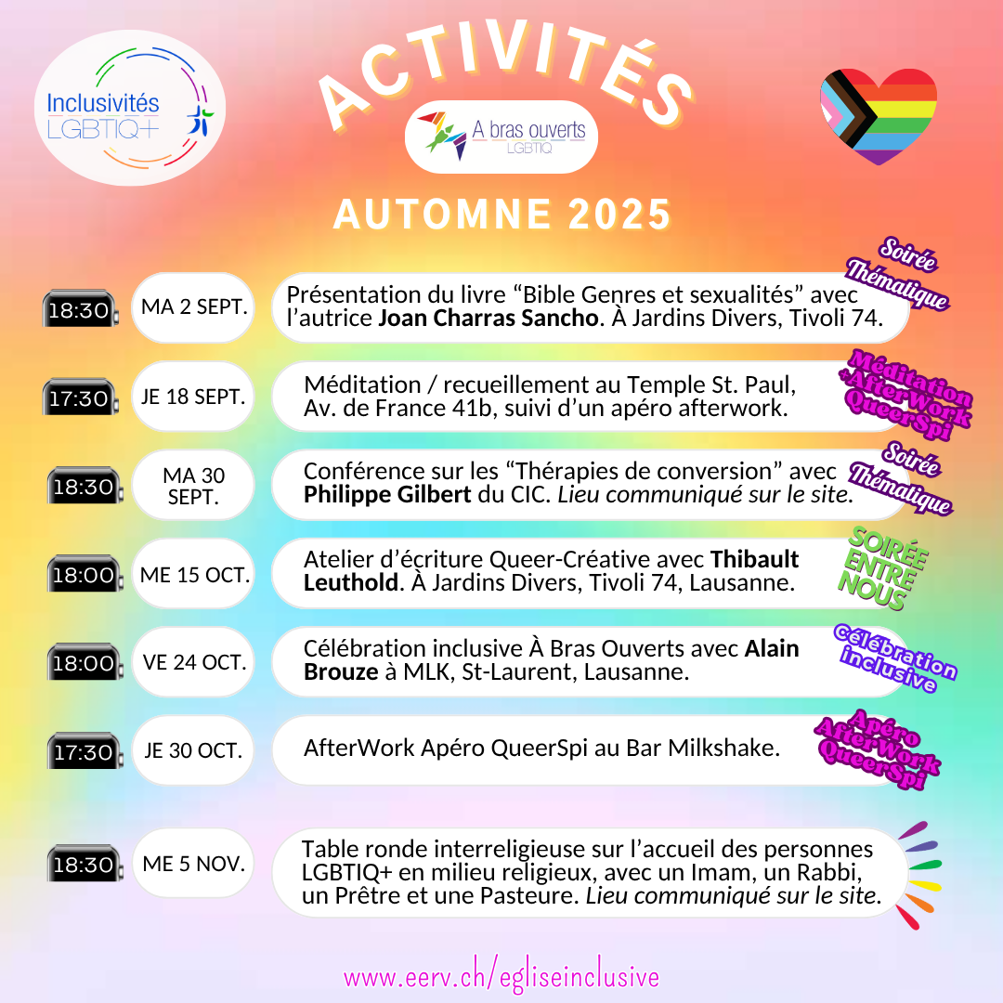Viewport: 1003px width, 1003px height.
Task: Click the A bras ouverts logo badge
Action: tap(501, 137)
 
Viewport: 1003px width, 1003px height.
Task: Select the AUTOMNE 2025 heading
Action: tap(501, 214)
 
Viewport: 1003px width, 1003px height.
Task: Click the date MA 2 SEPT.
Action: tap(193, 307)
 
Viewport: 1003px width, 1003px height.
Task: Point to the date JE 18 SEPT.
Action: tap(193, 397)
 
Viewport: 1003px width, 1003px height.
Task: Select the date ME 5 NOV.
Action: tap(194, 863)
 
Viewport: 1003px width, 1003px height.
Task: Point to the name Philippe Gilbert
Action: tap(387, 495)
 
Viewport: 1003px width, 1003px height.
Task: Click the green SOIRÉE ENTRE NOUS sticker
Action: tap(885, 569)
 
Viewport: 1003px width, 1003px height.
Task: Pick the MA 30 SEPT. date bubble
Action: tap(193, 486)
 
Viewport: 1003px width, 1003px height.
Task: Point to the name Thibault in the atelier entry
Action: tap(754, 560)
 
